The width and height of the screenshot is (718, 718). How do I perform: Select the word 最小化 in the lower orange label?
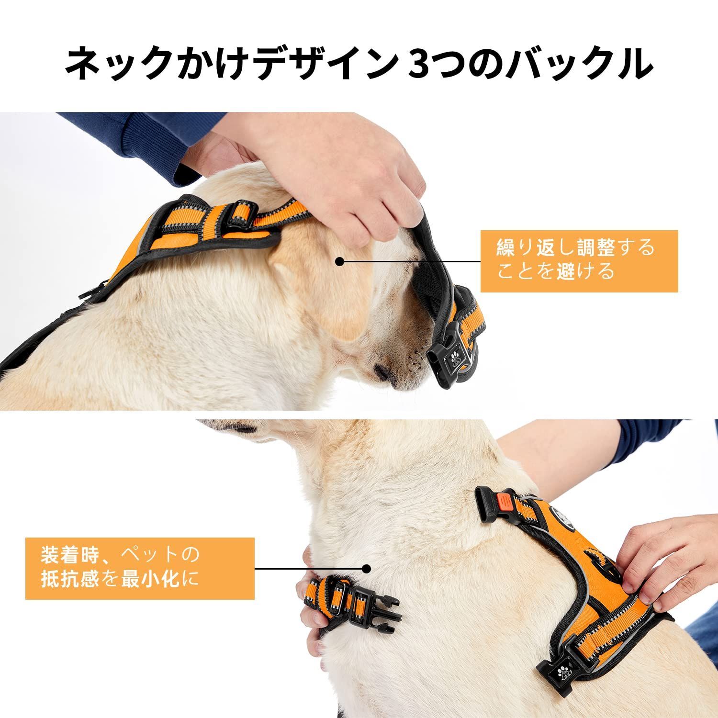[x=150, y=580]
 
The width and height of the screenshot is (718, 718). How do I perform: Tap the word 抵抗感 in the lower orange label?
[x=70, y=580]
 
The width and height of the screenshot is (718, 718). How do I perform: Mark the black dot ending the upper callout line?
[x=340, y=262]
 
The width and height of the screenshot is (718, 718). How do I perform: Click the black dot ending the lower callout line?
[x=367, y=569]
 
